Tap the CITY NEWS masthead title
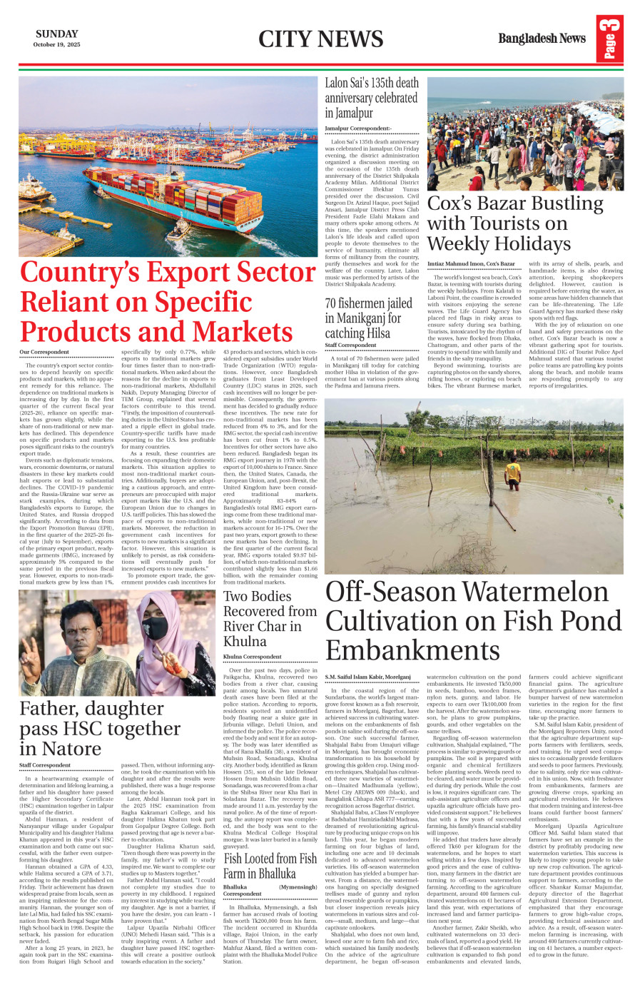(x=320, y=39)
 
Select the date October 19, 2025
(x=56, y=45)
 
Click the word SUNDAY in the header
(x=56, y=34)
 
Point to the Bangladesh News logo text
(x=542, y=39)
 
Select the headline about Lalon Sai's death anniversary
(x=371, y=98)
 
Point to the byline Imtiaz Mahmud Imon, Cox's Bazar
(x=471, y=264)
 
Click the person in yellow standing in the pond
(x=512, y=473)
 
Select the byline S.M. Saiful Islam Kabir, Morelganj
(x=367, y=676)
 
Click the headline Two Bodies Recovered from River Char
(x=270, y=618)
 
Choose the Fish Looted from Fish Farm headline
(x=270, y=866)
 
